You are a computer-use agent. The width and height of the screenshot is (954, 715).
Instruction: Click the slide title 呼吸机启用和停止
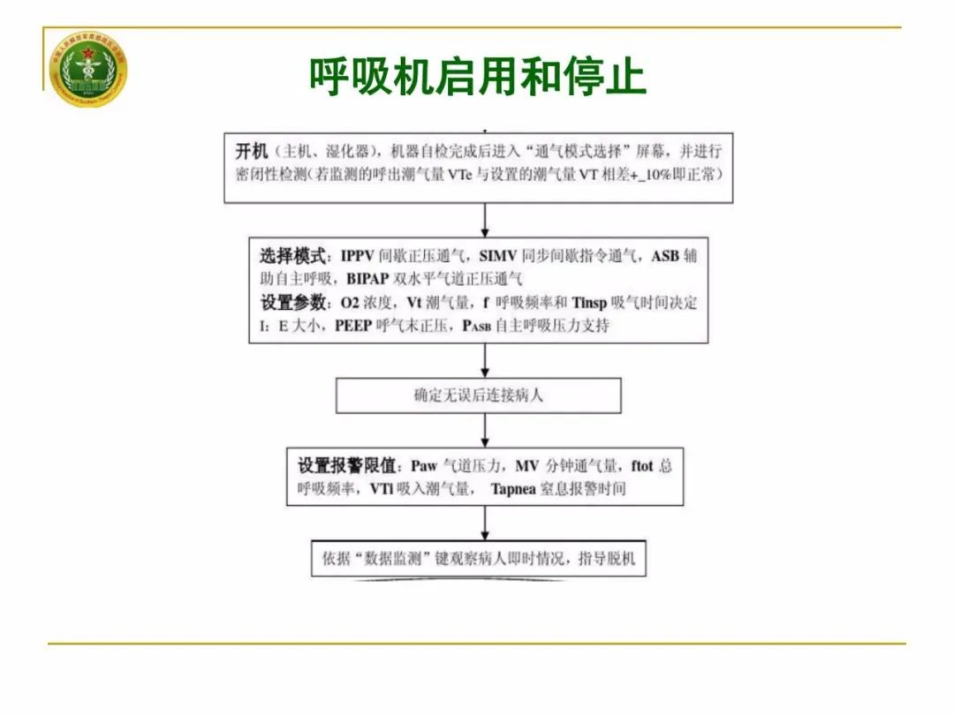[477, 77]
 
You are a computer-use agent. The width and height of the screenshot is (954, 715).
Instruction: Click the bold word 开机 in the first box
[251, 150]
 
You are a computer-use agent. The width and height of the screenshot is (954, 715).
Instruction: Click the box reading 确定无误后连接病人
[478, 395]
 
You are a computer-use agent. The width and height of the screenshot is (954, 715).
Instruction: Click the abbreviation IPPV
[356, 258]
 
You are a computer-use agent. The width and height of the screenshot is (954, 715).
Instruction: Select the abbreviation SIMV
[498, 258]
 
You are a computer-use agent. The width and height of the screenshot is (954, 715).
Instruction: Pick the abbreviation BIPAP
[373, 280]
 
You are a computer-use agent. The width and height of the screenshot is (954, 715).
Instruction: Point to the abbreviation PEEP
[356, 326]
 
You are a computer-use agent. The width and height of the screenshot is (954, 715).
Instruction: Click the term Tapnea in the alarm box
[513, 488]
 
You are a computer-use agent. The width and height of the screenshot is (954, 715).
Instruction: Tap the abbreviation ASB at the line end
[667, 258]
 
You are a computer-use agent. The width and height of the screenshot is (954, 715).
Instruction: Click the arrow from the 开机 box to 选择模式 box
[485, 221]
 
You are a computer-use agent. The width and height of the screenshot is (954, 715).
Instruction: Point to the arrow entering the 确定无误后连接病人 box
[485, 361]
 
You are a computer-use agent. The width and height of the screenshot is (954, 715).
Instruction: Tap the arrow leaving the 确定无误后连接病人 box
[485, 431]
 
